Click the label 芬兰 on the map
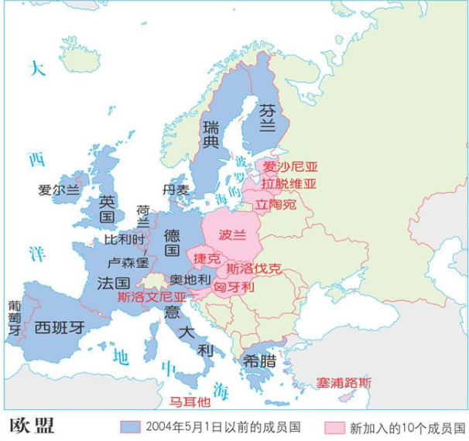[x=267, y=117]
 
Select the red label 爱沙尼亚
[x=290, y=166]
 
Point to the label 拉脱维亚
[x=289, y=184]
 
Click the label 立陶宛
[x=276, y=205]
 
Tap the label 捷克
[x=207, y=258]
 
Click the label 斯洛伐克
[x=254, y=269]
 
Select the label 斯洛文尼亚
[x=152, y=296]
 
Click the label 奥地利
[x=190, y=279]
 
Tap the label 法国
[x=112, y=283]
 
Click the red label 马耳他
[x=190, y=401]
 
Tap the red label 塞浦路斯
[x=344, y=382]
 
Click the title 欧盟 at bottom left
[x=32, y=426]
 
